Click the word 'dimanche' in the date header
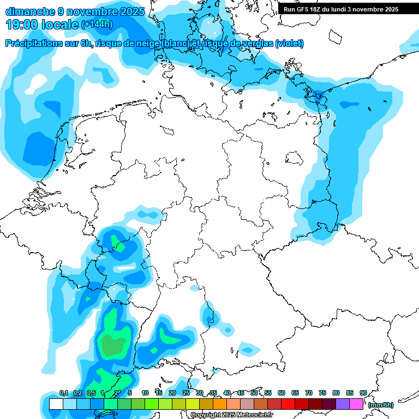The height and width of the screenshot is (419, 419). [28, 11]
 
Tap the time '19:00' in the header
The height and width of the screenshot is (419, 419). [21, 25]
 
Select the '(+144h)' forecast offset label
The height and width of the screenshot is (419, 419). [97, 25]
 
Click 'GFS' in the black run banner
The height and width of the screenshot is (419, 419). [301, 9]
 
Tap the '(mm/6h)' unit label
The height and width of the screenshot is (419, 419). [381, 405]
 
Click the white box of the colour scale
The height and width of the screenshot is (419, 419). [56, 404]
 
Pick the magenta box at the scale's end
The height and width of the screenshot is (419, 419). [356, 404]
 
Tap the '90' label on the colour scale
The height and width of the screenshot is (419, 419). [363, 393]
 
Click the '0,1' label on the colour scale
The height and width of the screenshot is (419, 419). [64, 393]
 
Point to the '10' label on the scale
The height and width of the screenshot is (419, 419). [145, 393]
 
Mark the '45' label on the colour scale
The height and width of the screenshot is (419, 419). [241, 393]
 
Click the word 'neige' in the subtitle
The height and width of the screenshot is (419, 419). [146, 44]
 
